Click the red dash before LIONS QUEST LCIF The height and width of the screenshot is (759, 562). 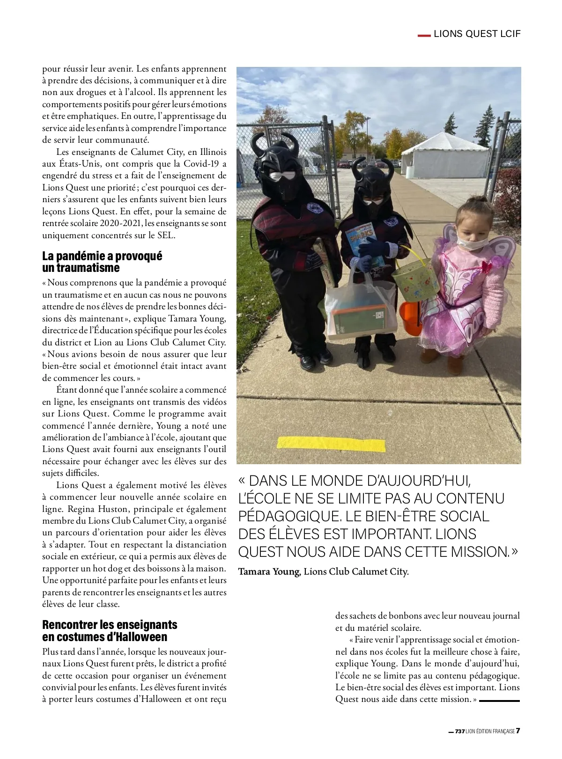(x=423, y=35)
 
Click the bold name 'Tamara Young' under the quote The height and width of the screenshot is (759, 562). (x=268, y=571)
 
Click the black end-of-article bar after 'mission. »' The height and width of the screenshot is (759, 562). (x=499, y=701)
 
